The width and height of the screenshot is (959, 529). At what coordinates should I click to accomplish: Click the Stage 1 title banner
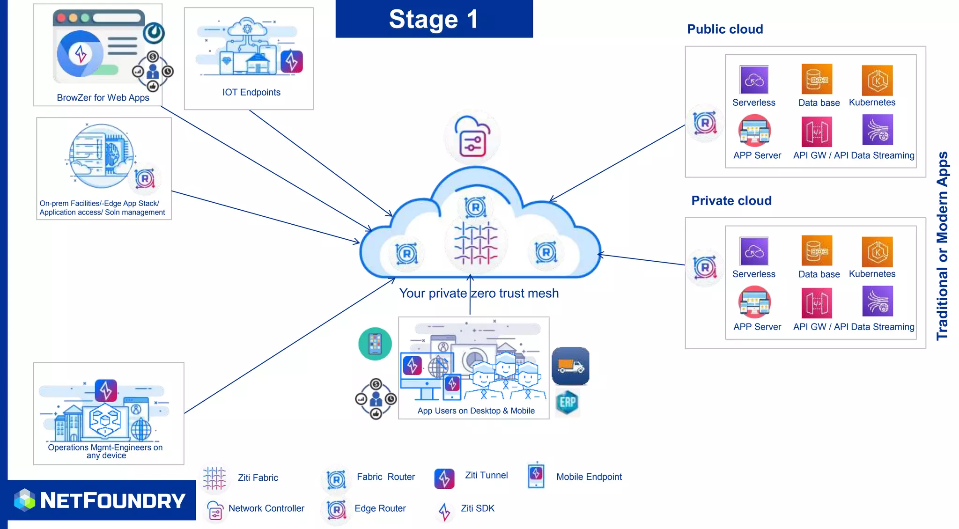coord(434,19)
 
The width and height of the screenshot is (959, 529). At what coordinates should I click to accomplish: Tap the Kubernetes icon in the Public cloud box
coord(877,81)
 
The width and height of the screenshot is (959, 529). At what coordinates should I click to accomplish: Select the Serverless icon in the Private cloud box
coord(754,251)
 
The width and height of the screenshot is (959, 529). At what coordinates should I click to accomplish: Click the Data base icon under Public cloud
coord(817,80)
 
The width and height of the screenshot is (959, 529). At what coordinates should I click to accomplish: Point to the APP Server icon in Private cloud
coord(754,302)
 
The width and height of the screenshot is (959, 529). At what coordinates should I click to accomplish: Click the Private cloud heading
coord(731,201)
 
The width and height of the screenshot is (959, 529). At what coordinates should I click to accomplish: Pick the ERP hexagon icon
coord(568,402)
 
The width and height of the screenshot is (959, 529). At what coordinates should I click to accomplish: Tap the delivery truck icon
coord(570,366)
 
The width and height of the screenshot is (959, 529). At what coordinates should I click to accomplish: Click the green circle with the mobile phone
coord(375,344)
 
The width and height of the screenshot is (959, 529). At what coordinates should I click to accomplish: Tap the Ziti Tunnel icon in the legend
coord(444,478)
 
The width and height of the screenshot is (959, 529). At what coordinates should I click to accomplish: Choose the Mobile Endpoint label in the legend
coord(589,477)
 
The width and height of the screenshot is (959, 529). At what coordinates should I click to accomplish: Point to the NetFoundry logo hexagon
coord(24,500)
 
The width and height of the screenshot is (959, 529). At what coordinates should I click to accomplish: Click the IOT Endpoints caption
coord(251,92)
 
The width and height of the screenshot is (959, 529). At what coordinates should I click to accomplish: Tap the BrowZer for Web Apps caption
coord(103,98)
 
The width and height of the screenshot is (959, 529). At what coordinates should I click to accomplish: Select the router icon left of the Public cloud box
coord(705,124)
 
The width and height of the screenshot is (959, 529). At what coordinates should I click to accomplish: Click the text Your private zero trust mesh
coord(479,294)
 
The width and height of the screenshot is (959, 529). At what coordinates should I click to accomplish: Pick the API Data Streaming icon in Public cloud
coord(878,130)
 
